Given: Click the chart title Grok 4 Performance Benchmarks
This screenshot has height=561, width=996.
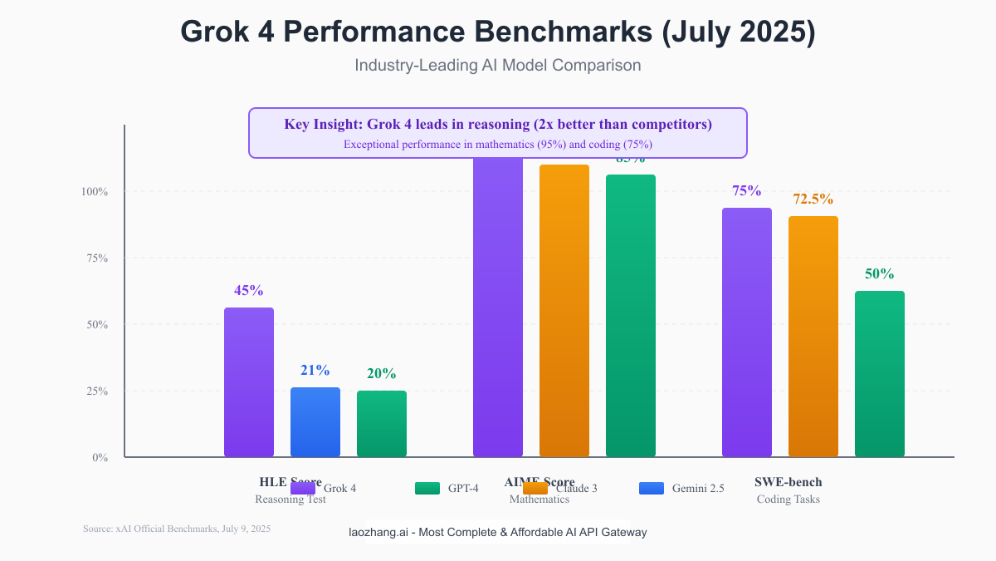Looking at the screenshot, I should pyautogui.click(x=498, y=32).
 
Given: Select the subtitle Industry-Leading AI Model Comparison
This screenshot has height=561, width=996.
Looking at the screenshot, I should pyautogui.click(x=498, y=65).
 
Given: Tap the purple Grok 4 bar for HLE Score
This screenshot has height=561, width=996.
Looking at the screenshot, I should pyautogui.click(x=249, y=382).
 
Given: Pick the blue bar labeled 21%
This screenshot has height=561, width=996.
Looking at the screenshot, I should pyautogui.click(x=315, y=422).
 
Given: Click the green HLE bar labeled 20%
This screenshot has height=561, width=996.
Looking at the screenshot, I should pyautogui.click(x=382, y=424).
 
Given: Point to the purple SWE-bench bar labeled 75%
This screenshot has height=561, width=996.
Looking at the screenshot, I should pyautogui.click(x=747, y=332).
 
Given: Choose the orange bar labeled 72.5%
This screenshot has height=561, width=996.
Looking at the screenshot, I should pyautogui.click(x=813, y=337).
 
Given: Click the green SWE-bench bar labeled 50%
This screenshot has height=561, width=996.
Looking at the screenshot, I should pyautogui.click(x=880, y=374).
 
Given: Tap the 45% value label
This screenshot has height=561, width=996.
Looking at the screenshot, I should pyautogui.click(x=249, y=291).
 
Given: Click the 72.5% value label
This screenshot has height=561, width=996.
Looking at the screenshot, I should pyautogui.click(x=813, y=199).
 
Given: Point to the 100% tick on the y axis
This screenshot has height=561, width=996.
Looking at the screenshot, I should pyautogui.click(x=95, y=191).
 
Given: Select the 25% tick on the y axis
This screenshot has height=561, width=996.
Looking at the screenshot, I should pyautogui.click(x=96, y=391).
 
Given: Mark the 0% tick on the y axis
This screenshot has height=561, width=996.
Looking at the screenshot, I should pyautogui.click(x=100, y=457).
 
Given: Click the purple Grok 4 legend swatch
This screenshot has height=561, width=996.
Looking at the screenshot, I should pyautogui.click(x=303, y=488).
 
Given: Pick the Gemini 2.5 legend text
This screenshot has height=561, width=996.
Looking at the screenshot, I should pyautogui.click(x=698, y=488).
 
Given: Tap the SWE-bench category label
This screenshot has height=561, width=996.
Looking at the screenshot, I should pyautogui.click(x=788, y=482).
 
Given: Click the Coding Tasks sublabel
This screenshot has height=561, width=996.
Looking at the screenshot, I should pyautogui.click(x=788, y=499).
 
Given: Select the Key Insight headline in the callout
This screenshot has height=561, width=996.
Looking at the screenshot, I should pyautogui.click(x=498, y=125).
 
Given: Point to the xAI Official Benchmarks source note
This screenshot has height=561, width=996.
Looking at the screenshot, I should pyautogui.click(x=177, y=529).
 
